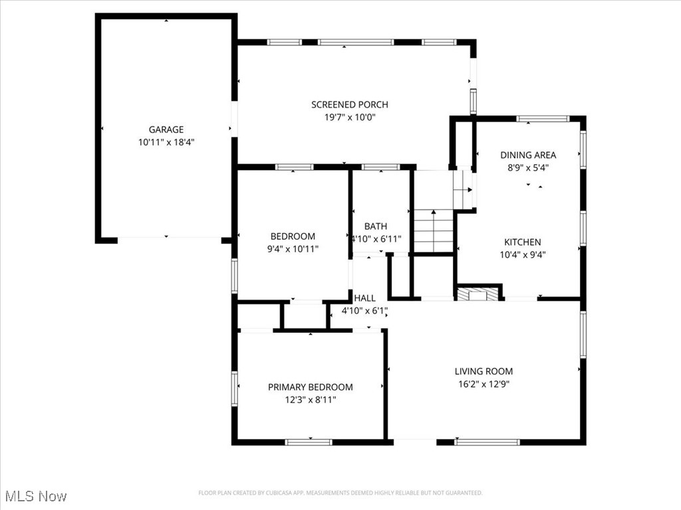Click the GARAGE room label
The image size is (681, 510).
[x=166, y=129]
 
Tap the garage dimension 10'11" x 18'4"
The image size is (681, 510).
[x=166, y=142]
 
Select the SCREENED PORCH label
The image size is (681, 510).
[x=349, y=104]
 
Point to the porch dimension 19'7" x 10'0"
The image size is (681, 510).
[x=349, y=117]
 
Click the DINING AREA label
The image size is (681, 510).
[x=528, y=155]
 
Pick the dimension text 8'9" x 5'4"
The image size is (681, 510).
[x=528, y=167]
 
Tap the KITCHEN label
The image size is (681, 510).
[x=522, y=242]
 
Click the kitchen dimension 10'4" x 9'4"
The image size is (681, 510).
[x=522, y=254]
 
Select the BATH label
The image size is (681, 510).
[x=375, y=226]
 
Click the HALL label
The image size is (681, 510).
[x=364, y=298]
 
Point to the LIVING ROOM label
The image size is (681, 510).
[x=483, y=371]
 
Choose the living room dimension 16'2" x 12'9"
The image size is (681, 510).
[x=483, y=384]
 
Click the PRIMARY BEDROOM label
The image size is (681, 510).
[x=310, y=387]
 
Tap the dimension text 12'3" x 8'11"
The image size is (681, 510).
[x=310, y=400]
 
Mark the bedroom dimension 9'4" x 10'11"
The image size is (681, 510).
[x=293, y=249]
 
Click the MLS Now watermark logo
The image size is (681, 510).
[x=35, y=496]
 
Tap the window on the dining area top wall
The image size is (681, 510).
[x=543, y=119]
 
